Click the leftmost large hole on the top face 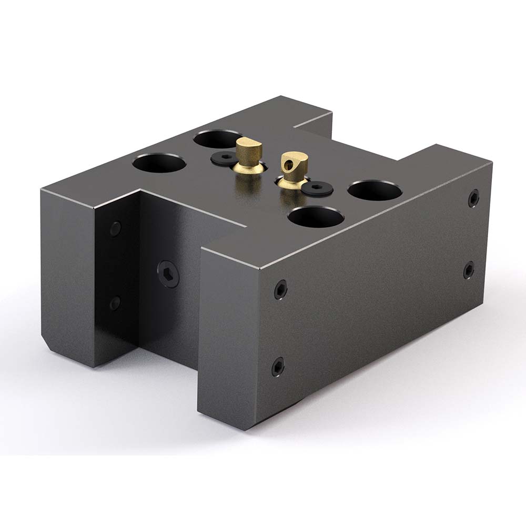(159, 163)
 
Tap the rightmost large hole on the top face (375, 190)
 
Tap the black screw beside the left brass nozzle (223, 157)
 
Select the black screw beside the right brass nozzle (318, 188)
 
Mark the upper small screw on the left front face (115, 228)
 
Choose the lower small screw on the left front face (114, 303)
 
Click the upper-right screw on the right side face (473, 198)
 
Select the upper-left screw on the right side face (281, 289)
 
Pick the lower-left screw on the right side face (278, 366)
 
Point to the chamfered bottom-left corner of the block (46, 346)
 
